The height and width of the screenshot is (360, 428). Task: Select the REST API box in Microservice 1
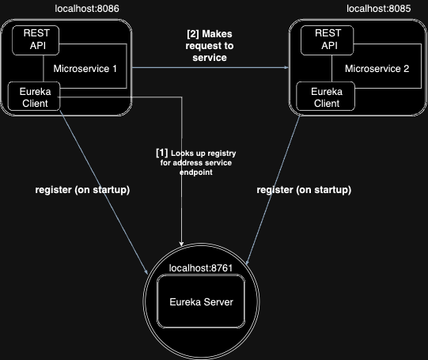[36, 40]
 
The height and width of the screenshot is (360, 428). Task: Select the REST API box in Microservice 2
[328, 40]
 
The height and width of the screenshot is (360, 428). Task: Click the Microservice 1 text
[85, 69]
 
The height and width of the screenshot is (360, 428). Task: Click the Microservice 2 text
[377, 69]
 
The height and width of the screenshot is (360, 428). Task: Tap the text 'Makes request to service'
[210, 46]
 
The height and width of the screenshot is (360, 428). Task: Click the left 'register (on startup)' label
[82, 190]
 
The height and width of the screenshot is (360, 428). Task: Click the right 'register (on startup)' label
[305, 190]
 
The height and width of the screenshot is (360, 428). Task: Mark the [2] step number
[193, 35]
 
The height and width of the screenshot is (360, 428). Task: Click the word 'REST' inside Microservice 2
[328, 34]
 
